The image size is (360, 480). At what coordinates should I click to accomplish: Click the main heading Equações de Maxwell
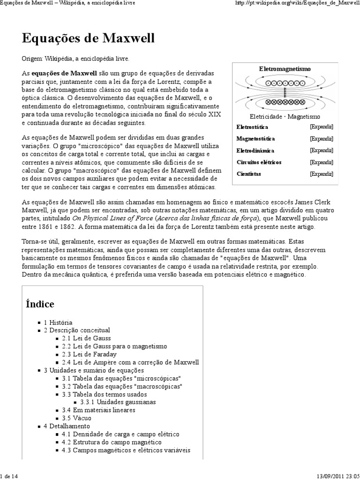(x=88, y=38)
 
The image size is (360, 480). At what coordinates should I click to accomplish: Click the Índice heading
(x=40, y=304)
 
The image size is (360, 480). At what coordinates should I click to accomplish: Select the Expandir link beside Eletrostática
(x=321, y=127)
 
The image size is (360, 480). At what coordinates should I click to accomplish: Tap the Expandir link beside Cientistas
(x=321, y=174)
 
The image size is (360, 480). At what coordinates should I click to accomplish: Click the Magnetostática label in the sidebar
(x=255, y=139)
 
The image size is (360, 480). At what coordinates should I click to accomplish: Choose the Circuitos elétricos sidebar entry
(x=259, y=162)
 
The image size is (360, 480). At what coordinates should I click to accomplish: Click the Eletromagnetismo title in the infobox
(x=285, y=69)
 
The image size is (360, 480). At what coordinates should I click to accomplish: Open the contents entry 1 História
(x=58, y=322)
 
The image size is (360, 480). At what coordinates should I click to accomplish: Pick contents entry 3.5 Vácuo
(x=76, y=418)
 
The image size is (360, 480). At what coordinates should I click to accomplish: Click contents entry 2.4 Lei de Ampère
(x=130, y=362)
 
